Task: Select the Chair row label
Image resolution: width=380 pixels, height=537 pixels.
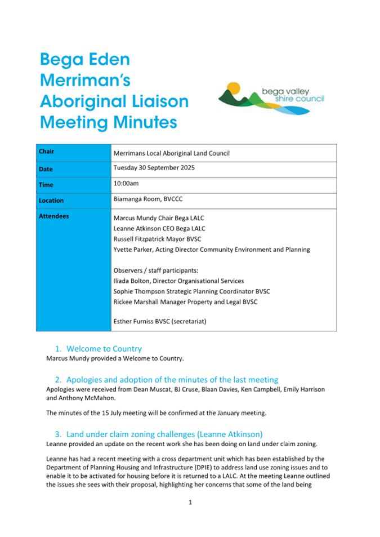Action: point(47,152)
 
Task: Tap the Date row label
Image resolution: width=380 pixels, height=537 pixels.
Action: point(46,169)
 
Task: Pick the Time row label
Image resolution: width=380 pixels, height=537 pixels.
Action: point(46,185)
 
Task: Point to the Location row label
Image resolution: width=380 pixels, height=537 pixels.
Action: point(51,200)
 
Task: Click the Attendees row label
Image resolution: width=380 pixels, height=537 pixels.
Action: point(54,216)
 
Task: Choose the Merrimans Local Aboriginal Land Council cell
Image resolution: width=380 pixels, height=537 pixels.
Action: point(172,153)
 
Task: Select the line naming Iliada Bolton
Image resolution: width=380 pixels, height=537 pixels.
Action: point(178,281)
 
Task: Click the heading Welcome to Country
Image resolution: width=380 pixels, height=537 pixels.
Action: point(104,349)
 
